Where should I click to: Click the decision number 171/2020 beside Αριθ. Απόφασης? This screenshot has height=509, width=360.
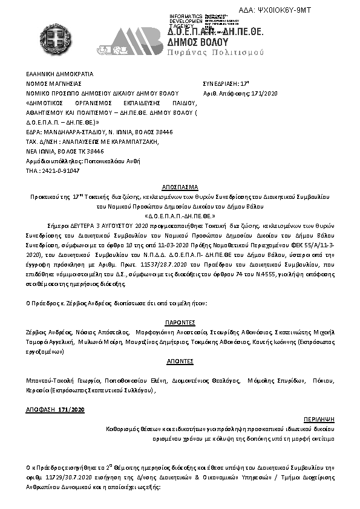pyautogui.click(x=264, y=94)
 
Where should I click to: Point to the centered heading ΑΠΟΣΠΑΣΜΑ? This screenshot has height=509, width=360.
pyautogui.click(x=180, y=187)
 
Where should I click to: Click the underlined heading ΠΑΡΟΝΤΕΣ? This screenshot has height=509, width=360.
pyautogui.click(x=180, y=323)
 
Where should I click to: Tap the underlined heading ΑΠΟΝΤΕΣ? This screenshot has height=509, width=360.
pyautogui.click(x=180, y=360)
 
